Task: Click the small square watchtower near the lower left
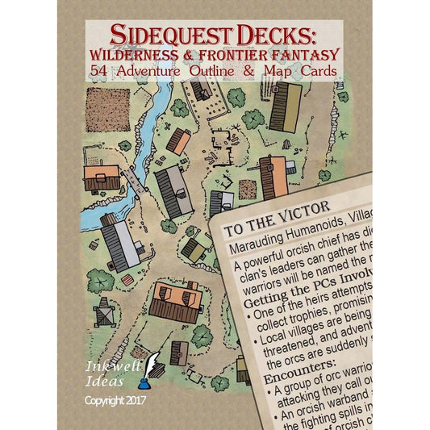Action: pos(102,313)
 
